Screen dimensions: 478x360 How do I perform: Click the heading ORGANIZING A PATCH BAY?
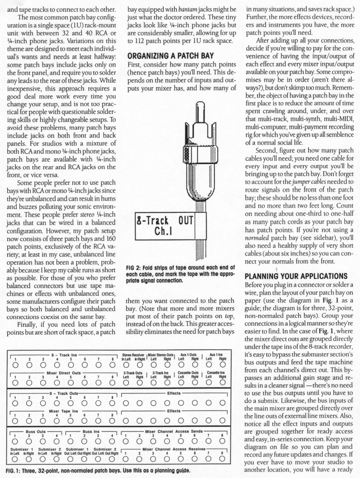tap(171, 56)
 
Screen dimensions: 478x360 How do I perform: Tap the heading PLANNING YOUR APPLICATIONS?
tap(296, 276)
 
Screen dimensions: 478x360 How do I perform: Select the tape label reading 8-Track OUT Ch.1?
tap(165, 226)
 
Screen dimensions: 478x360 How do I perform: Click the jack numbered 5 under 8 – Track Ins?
tap(70, 364)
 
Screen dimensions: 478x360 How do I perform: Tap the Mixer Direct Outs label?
tap(64, 373)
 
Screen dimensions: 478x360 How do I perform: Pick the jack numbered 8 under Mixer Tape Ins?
tap(112, 421)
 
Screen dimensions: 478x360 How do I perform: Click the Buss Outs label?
tap(36, 431)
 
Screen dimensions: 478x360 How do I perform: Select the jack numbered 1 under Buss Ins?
tap(70, 441)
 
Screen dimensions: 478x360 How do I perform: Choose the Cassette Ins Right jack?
tap(223, 382)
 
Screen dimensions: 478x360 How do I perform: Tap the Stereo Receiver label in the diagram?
tap(133, 355)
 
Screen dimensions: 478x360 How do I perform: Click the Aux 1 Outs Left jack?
tap(181, 364)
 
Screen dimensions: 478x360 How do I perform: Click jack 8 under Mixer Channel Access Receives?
tap(223, 459)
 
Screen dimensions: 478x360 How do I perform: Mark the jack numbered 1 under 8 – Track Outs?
tap(15, 403)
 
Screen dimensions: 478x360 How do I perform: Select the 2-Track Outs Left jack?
tap(126, 382)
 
